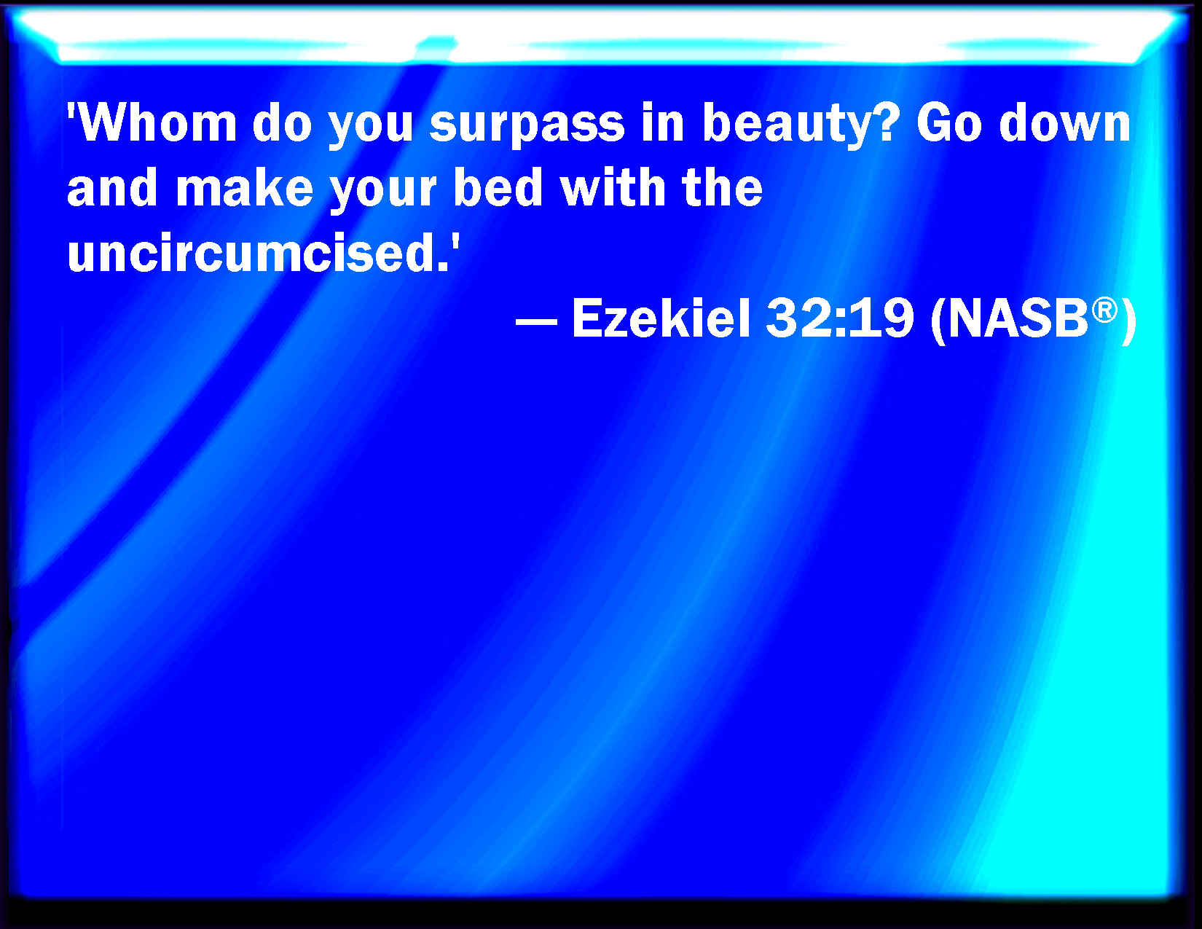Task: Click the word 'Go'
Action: point(948,122)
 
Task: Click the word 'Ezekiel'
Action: point(661,318)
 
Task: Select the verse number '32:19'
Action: point(840,318)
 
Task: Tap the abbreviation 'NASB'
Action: point(1018,318)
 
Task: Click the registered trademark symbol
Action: point(1104,310)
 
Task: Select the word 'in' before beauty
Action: point(663,122)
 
